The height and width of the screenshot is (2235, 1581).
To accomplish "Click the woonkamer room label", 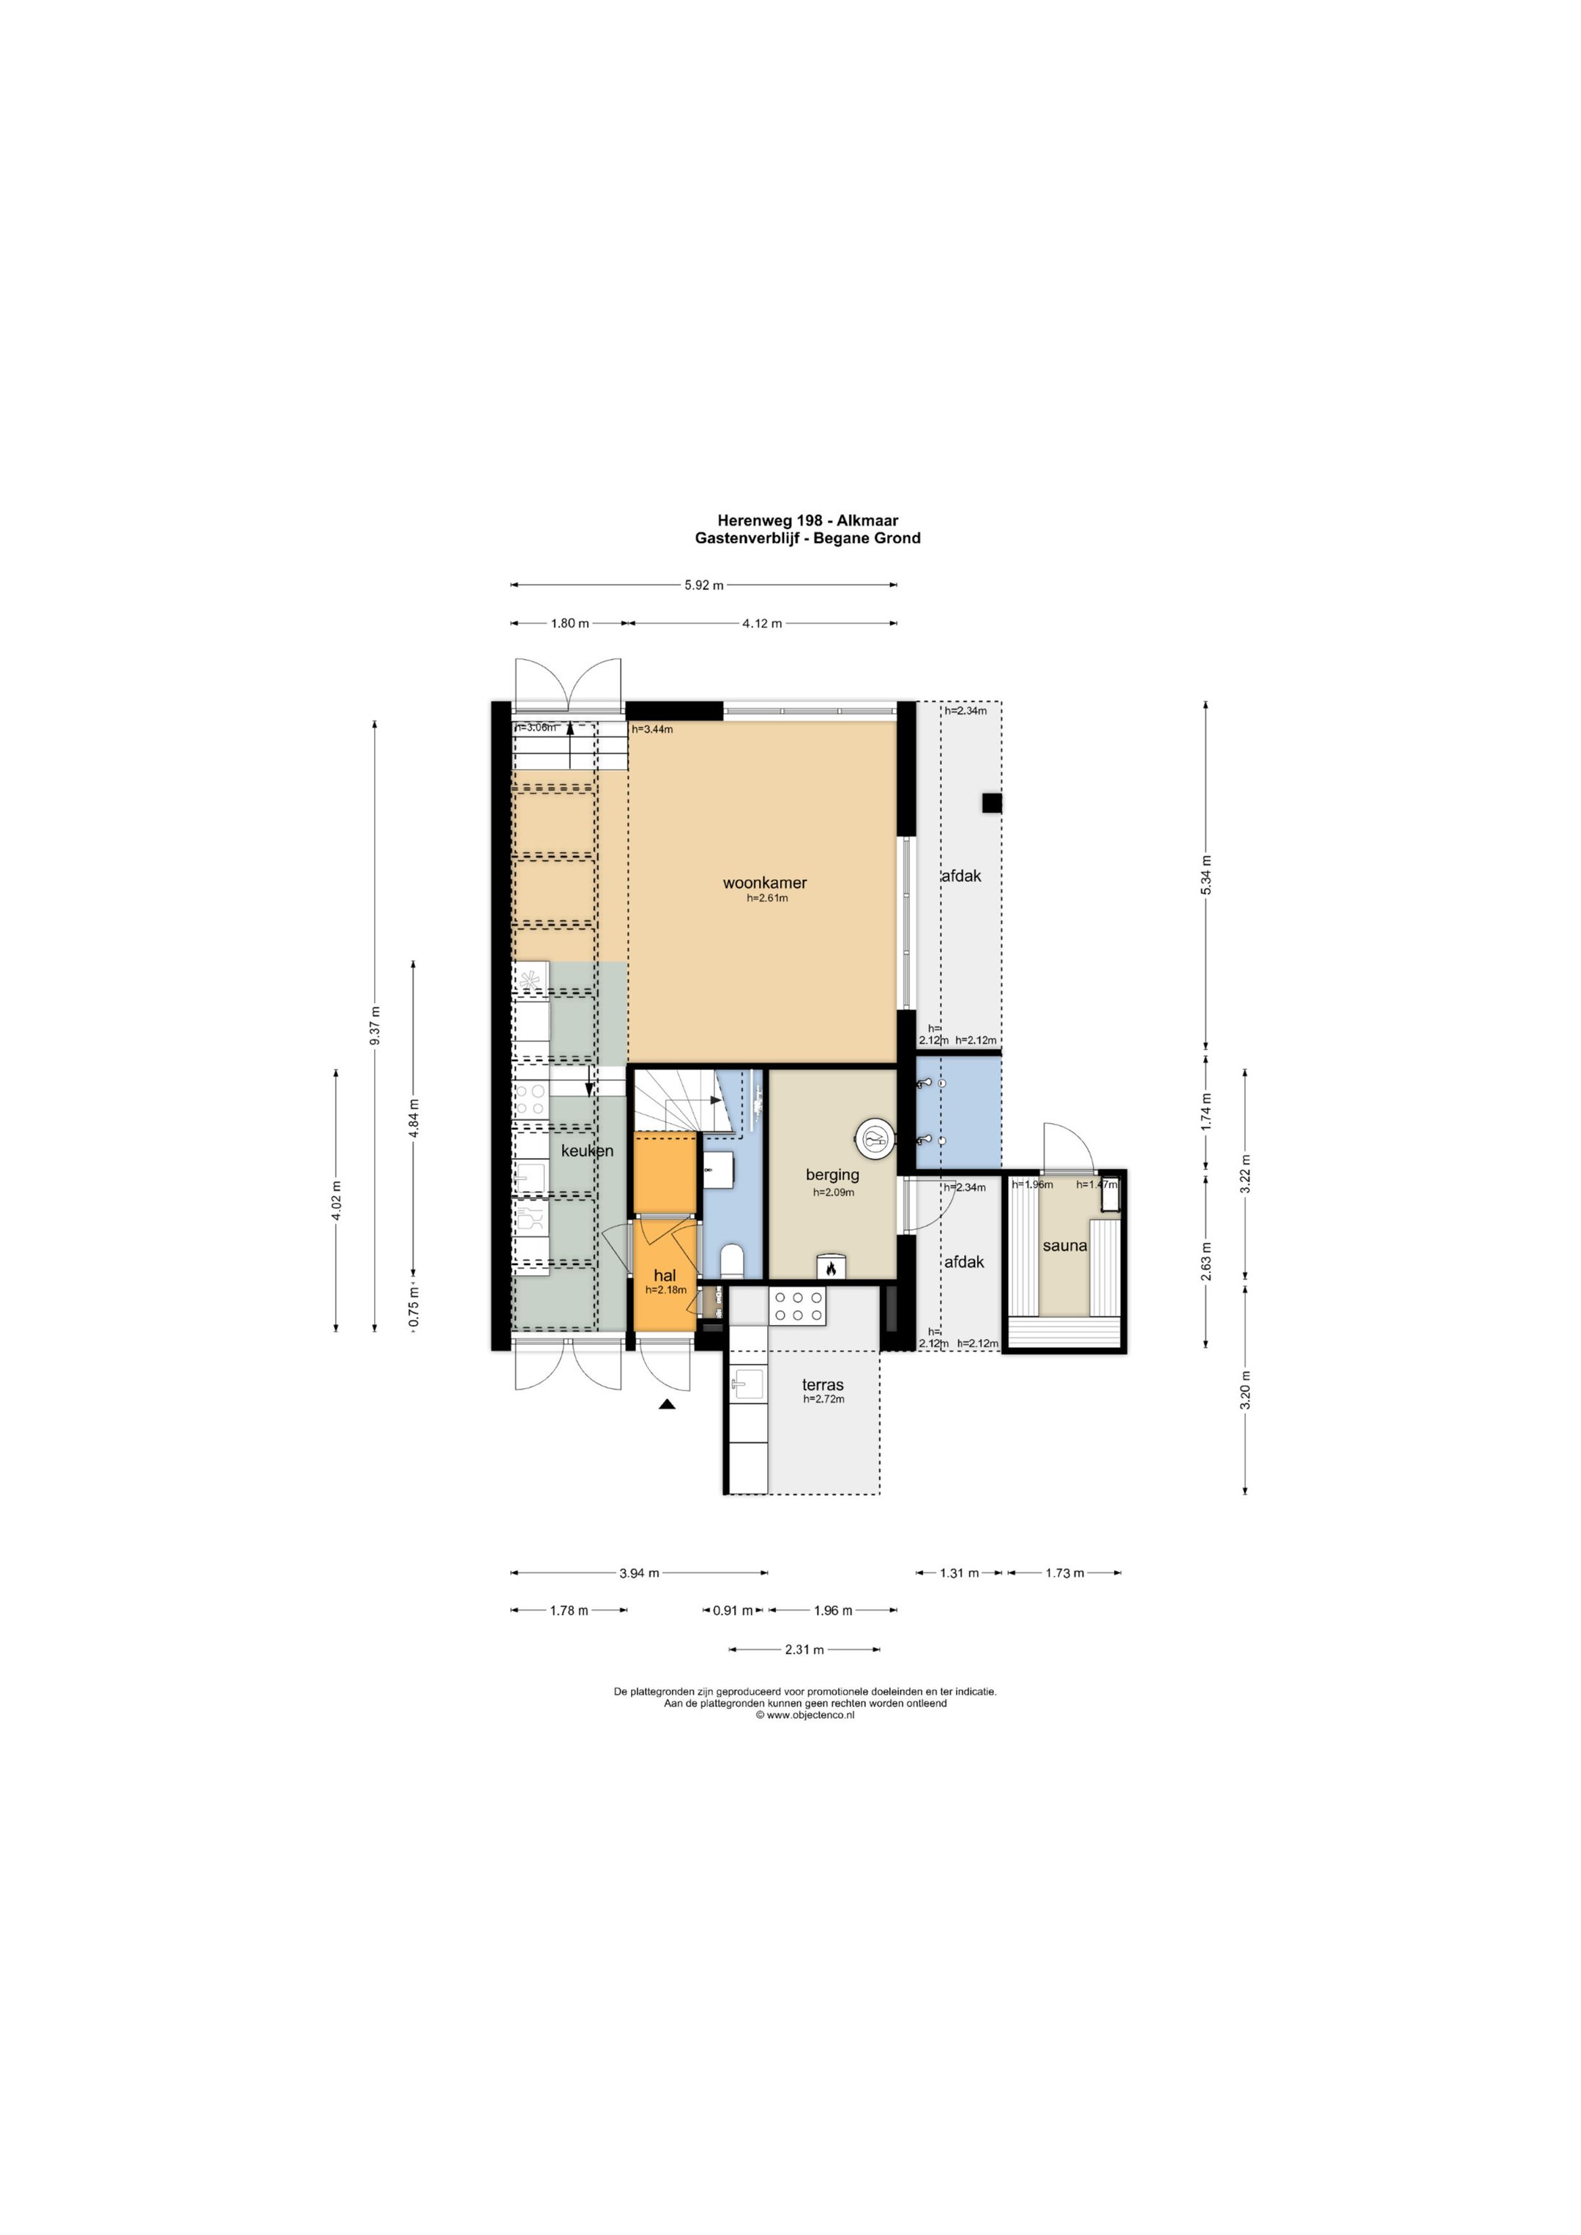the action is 764,883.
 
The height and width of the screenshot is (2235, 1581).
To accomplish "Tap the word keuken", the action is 587,1151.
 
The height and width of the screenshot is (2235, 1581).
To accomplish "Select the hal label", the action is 665,1275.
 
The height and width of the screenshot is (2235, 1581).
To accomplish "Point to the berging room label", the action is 832,1175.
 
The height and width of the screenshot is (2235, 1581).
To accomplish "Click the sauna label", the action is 1064,1246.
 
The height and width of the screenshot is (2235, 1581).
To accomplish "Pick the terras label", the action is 823,1384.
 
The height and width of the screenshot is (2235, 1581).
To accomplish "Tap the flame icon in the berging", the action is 831,1269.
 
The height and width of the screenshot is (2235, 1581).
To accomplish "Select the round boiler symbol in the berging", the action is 874,1137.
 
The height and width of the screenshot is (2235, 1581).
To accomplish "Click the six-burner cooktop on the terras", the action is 797,1306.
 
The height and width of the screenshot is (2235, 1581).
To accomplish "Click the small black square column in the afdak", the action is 991,803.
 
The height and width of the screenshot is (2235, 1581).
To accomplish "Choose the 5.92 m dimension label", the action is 704,585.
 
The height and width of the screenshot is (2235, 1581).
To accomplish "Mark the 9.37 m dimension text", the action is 375,1026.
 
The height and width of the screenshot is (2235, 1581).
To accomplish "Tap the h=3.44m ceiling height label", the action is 652,729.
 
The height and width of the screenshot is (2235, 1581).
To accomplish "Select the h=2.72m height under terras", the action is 823,1399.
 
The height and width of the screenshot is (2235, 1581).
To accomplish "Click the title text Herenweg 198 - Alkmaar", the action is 808,520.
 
